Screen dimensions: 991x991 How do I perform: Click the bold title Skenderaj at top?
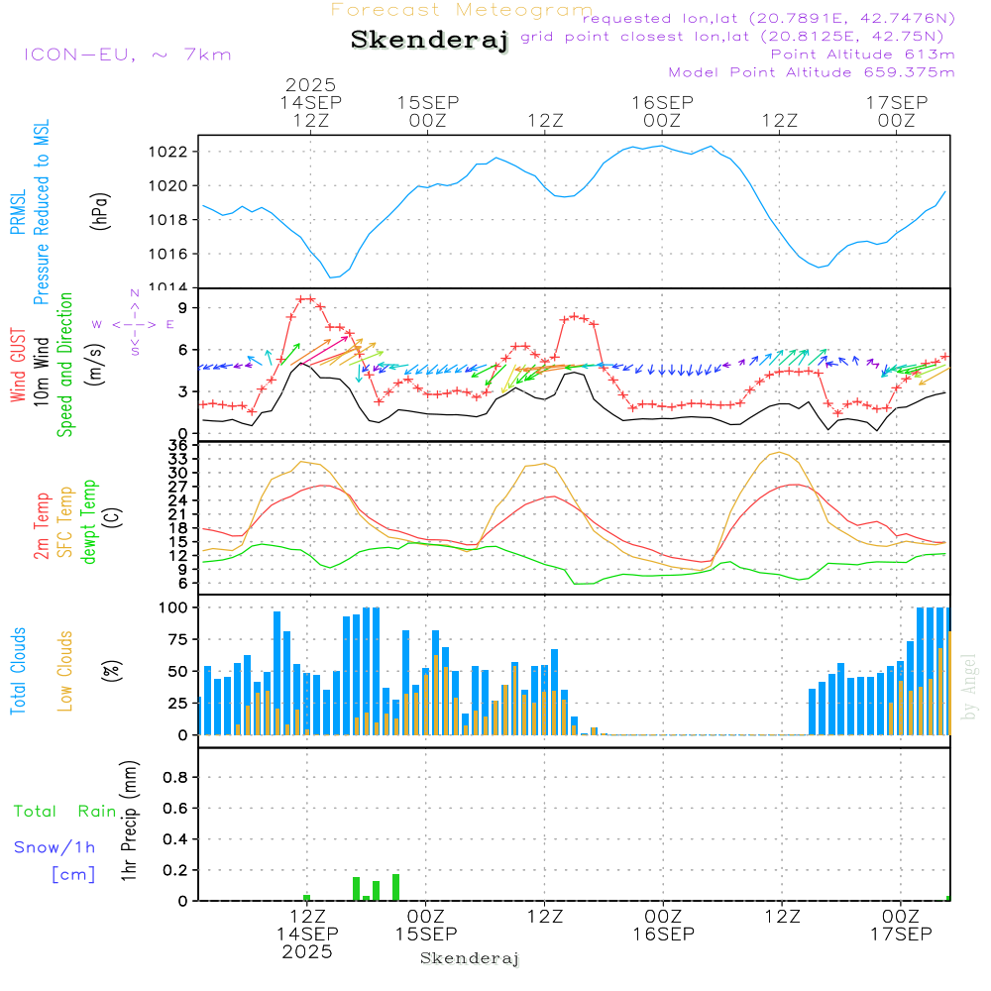429,41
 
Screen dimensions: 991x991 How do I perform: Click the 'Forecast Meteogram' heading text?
462,10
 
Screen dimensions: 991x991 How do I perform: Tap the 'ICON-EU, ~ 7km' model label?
127,55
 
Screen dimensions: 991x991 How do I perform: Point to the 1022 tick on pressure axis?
170,152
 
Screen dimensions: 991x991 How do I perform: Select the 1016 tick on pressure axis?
170,254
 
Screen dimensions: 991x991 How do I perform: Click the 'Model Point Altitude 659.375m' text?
812,72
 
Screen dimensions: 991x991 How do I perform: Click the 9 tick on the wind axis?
181,308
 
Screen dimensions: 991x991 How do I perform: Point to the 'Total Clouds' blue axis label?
18,671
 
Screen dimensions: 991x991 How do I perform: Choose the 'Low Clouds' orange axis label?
65,671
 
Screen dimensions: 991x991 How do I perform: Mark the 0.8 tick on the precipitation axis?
175,778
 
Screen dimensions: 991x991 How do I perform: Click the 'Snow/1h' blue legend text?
55,847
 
